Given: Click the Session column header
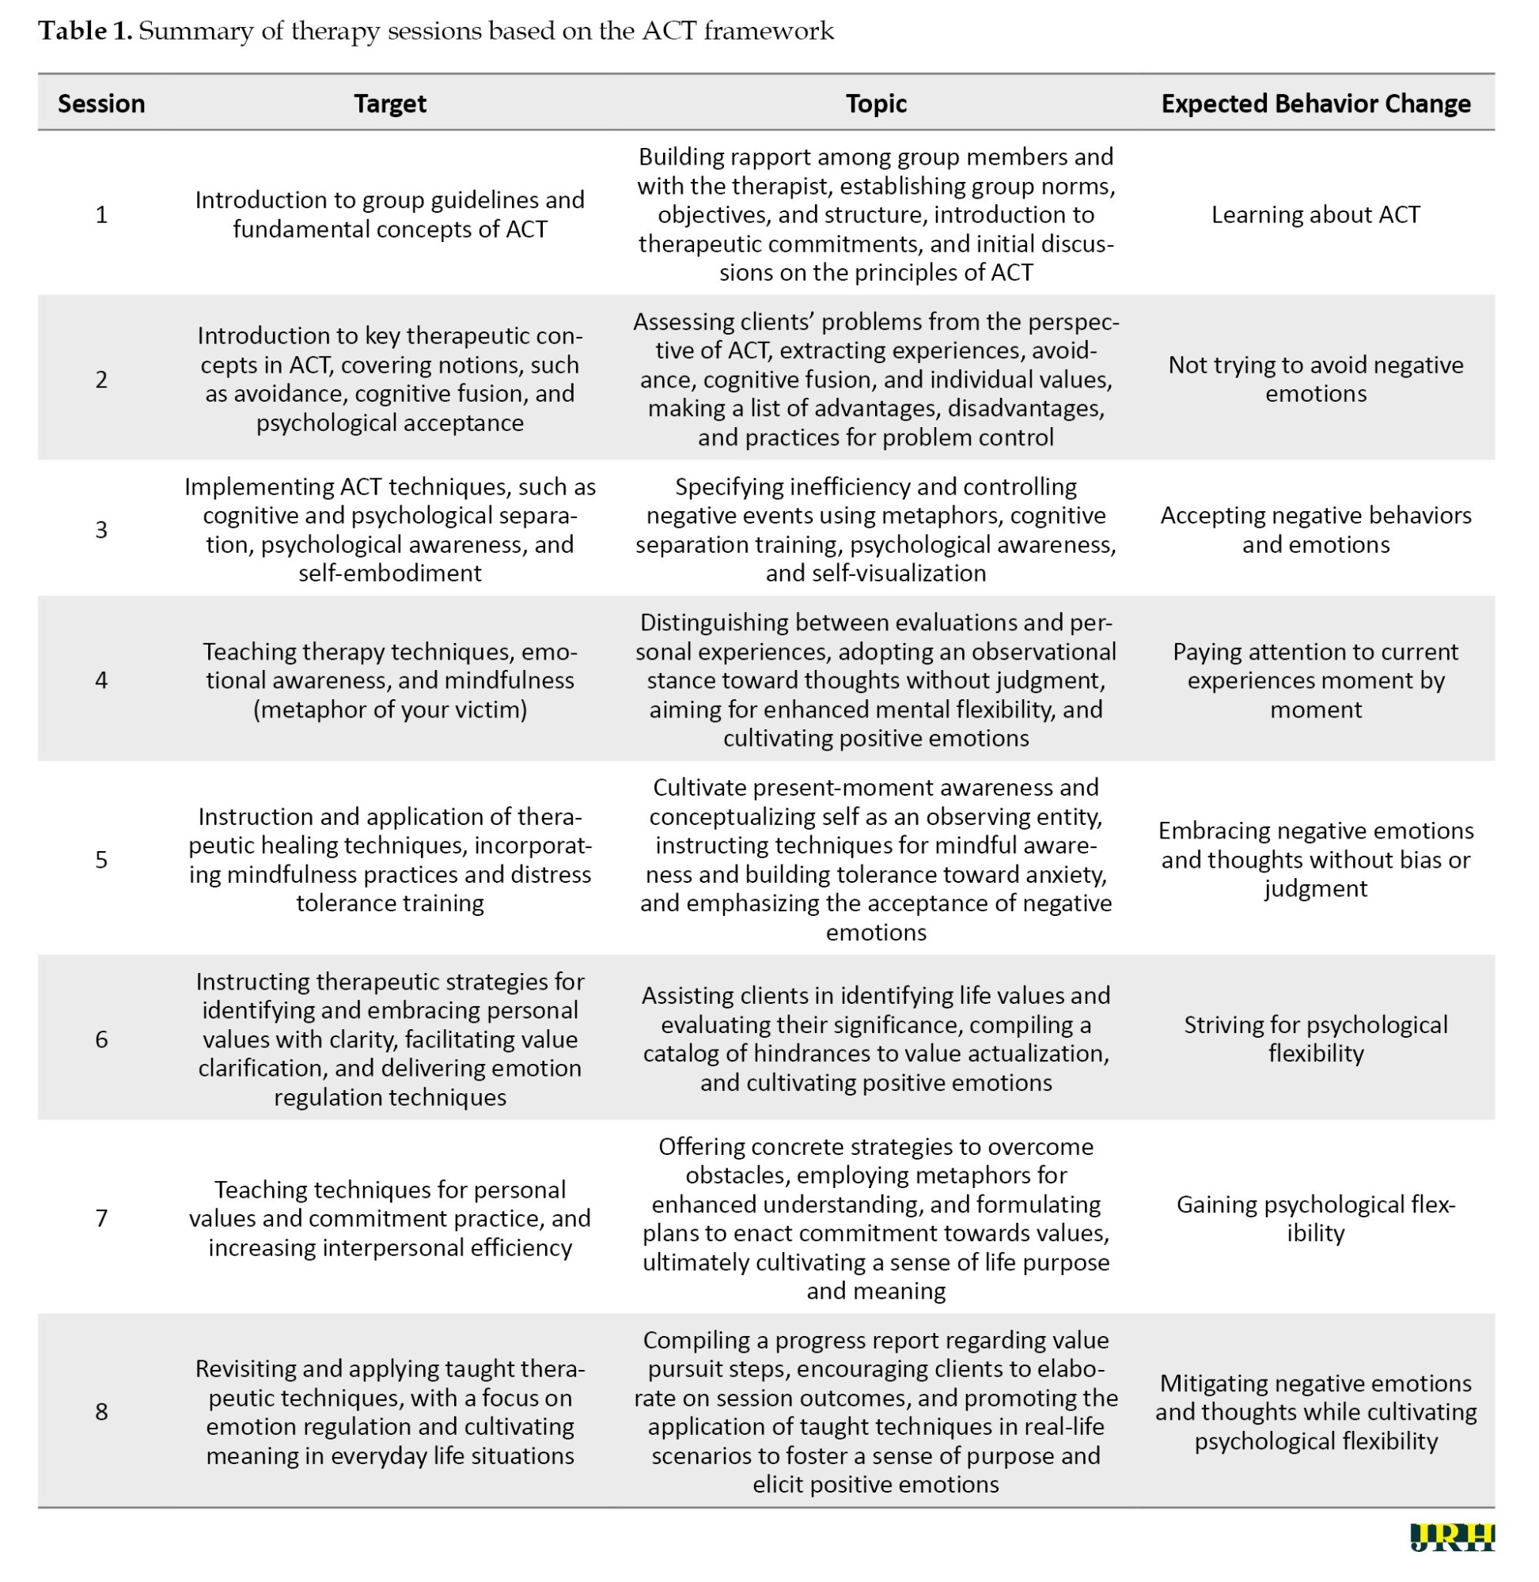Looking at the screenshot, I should pyautogui.click(x=101, y=104).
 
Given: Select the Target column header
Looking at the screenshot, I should pyautogui.click(x=389, y=104).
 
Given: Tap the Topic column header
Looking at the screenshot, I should pyautogui.click(x=875, y=104).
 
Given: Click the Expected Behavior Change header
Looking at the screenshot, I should pyautogui.click(x=1315, y=104).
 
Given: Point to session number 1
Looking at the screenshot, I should pyautogui.click(x=101, y=214).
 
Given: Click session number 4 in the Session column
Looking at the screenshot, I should pyautogui.click(x=101, y=679).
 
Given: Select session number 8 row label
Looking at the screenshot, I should pyautogui.click(x=101, y=1411).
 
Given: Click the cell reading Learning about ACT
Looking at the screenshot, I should pyautogui.click(x=1315, y=214).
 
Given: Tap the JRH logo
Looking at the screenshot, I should pyautogui.click(x=1452, y=1537).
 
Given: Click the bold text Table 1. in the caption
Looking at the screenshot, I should pyautogui.click(x=85, y=31).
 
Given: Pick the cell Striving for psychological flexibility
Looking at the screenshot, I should pyautogui.click(x=1315, y=1039).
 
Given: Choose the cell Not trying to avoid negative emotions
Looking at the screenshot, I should pyautogui.click(x=1315, y=379).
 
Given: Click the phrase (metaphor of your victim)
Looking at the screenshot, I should pyautogui.click(x=389, y=710).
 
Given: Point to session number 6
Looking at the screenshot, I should pyautogui.click(x=101, y=1039).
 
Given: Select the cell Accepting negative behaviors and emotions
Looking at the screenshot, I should pyautogui.click(x=1315, y=529).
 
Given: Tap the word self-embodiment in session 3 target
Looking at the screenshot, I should pyautogui.click(x=389, y=573).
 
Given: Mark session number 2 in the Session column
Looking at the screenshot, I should pyautogui.click(x=101, y=379).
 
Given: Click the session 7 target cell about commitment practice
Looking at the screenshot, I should pyautogui.click(x=389, y=1217).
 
